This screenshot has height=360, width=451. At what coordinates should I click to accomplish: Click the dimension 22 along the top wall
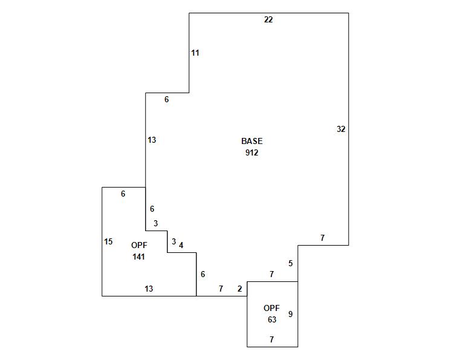(268, 20)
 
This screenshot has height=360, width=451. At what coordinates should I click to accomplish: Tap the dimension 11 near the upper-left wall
(195, 53)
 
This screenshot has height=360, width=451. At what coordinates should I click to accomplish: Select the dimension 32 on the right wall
(341, 129)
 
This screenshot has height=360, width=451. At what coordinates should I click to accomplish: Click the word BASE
(251, 141)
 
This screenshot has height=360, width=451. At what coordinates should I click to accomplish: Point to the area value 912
(251, 152)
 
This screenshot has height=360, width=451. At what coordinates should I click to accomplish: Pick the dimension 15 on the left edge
(108, 242)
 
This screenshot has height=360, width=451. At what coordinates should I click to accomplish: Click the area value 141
(139, 257)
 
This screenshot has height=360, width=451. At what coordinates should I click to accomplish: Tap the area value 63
(271, 319)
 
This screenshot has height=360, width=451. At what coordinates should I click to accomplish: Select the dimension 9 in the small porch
(290, 314)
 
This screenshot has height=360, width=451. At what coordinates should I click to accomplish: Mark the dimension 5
(290, 263)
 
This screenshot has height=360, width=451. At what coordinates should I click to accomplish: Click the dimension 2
(239, 289)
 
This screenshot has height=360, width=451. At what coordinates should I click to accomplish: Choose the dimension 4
(181, 246)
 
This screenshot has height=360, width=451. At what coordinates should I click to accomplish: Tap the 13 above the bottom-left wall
(149, 289)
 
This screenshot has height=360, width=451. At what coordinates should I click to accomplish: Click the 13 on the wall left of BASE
(152, 140)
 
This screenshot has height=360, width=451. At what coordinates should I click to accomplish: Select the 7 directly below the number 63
(271, 340)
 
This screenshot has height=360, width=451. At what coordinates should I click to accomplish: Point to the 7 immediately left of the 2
(221, 289)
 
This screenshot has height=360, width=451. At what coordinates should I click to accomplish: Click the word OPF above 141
(139, 245)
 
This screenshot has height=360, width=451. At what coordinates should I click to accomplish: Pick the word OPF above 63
(271, 308)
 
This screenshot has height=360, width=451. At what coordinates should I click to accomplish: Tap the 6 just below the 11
(167, 100)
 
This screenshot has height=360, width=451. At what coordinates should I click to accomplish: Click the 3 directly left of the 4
(174, 242)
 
